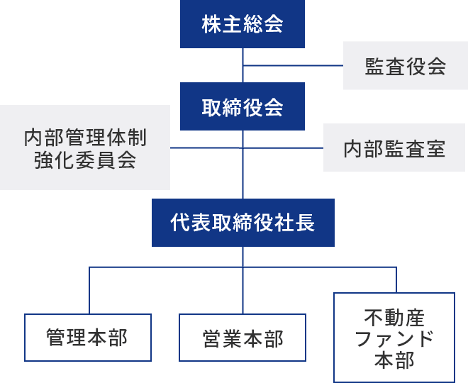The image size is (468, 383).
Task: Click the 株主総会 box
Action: click(x=243, y=24)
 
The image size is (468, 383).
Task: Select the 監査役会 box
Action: click(x=405, y=66)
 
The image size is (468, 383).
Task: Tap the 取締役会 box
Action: click(x=243, y=106)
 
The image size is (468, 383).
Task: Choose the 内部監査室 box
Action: click(x=395, y=148)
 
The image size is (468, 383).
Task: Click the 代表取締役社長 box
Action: click(x=243, y=223)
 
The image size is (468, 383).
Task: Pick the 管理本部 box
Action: click(x=88, y=338)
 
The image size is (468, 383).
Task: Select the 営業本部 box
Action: click(x=243, y=338)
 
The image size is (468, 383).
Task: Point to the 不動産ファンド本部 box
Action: click(x=394, y=338)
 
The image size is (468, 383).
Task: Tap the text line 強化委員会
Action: click(x=85, y=160)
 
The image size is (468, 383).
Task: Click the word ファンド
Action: click(x=394, y=338)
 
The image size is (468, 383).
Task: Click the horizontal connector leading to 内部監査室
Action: click(x=284, y=148)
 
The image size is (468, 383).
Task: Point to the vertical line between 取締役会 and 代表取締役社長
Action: click(x=243, y=174)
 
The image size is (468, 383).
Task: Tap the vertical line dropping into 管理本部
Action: click(x=89, y=291)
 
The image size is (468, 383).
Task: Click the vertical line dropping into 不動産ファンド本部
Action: click(x=396, y=279)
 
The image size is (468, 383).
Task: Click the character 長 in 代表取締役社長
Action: click(x=305, y=223)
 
